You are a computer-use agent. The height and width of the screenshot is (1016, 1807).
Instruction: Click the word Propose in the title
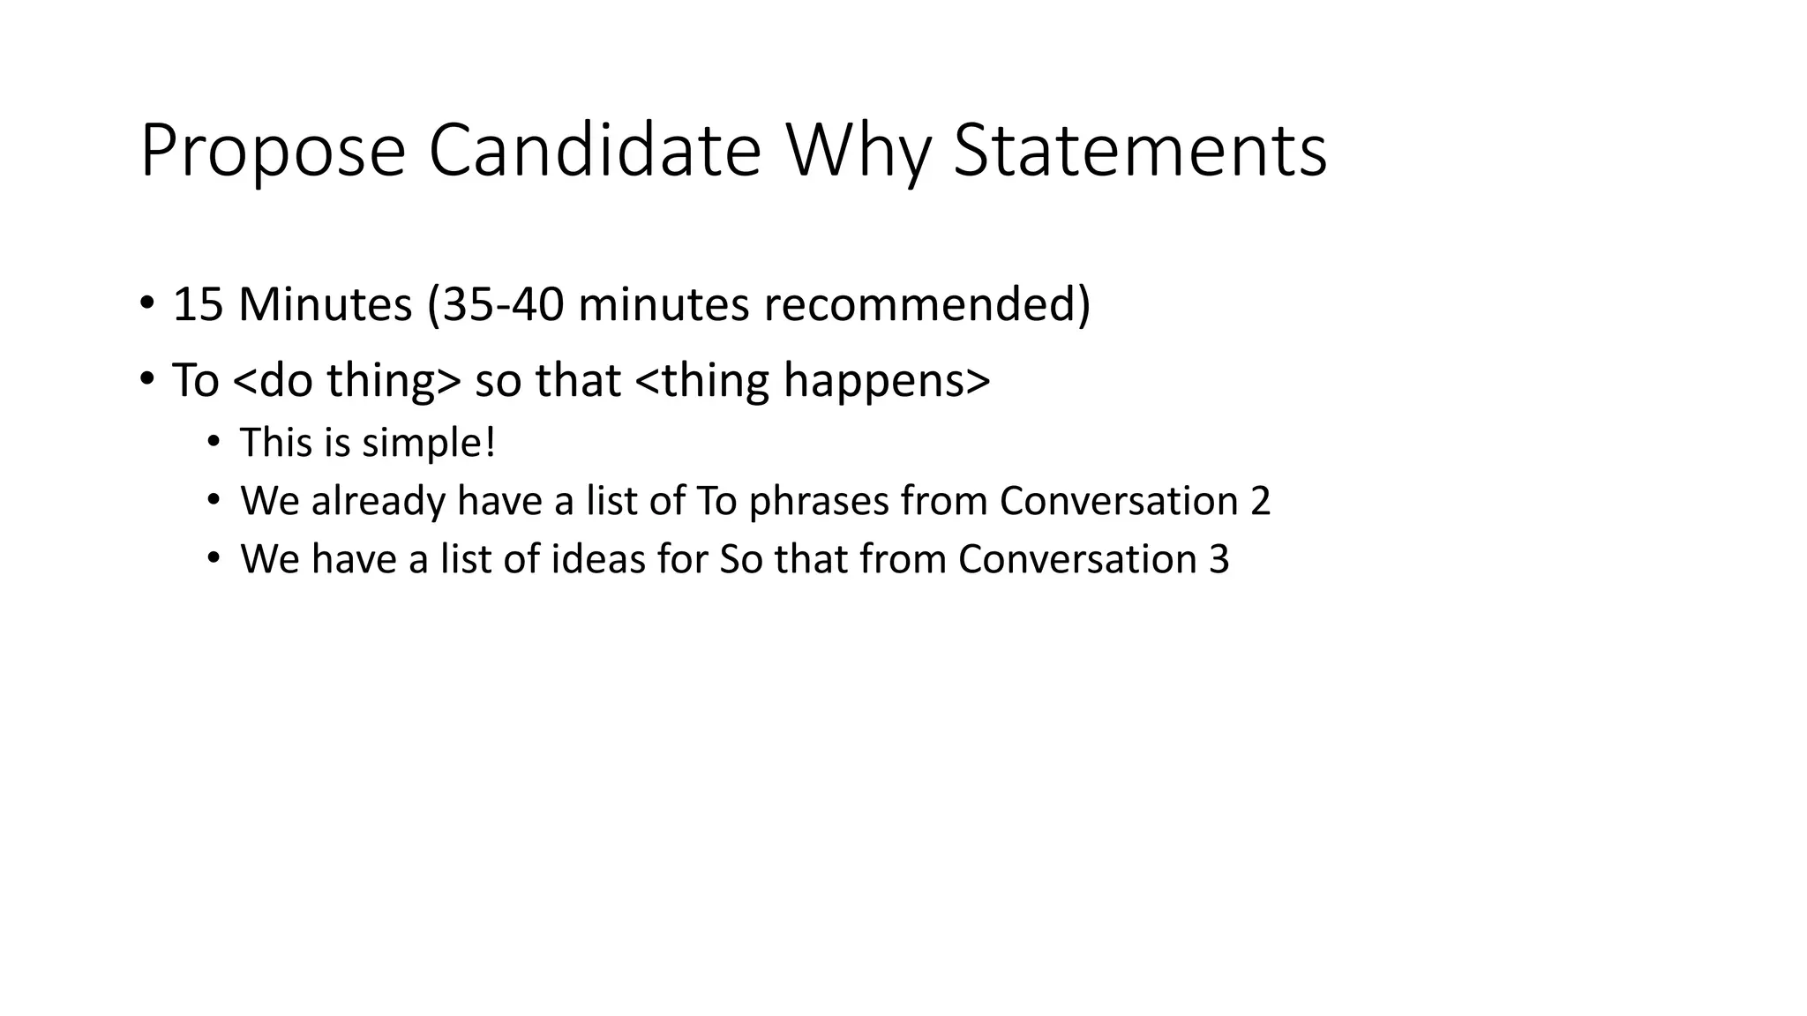[x=272, y=152]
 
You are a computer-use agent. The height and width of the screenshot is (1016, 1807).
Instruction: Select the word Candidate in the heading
[x=594, y=152]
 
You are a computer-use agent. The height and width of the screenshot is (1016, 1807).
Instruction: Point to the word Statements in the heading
[x=1140, y=152]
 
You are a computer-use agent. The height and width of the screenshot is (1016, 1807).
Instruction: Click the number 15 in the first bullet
[x=198, y=304]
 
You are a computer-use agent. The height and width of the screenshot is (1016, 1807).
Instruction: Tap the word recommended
[x=926, y=304]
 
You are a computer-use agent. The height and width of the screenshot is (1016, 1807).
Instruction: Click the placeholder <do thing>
[x=348, y=380]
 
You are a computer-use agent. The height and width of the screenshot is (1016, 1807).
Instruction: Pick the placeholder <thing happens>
[x=812, y=380]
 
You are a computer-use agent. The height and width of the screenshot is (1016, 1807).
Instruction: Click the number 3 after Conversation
[x=1218, y=559]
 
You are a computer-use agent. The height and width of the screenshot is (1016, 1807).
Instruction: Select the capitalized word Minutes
[x=325, y=304]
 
